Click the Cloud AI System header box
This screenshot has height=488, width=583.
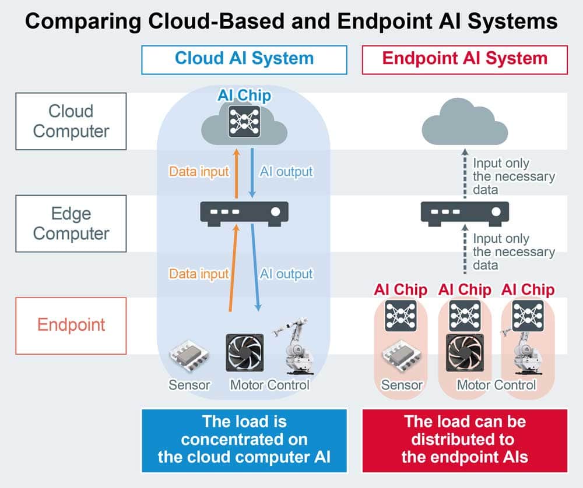pyautogui.click(x=244, y=59)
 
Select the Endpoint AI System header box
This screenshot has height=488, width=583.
pyautogui.click(x=465, y=59)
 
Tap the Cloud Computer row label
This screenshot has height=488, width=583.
pyautogui.click(x=71, y=121)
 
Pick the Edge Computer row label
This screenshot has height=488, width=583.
pyautogui.click(x=71, y=224)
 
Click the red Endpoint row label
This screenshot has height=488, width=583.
pyautogui.click(x=71, y=326)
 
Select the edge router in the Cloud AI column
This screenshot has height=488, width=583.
pyautogui.click(x=244, y=214)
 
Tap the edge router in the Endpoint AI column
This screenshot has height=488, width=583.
pyautogui.click(x=465, y=214)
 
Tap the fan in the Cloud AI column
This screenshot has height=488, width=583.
pyautogui.click(x=245, y=352)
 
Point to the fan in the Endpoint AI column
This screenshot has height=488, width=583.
pyautogui.click(x=465, y=352)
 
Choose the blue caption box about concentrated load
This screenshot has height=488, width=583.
pyautogui.click(x=244, y=440)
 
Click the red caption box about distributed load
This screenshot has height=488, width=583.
pyautogui.click(x=465, y=440)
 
